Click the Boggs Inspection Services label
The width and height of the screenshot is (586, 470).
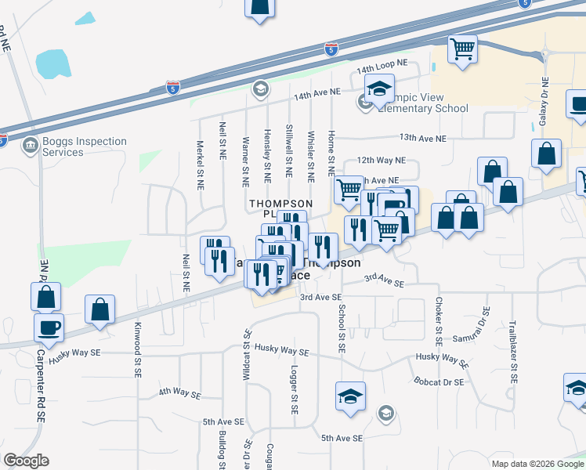85,147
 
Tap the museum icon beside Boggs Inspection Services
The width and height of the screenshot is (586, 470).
30,145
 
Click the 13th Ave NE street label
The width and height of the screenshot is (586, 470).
422,138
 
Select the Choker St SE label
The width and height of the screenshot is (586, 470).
439,324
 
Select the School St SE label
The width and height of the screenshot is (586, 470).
342,327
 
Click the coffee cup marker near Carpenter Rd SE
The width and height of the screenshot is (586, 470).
49,327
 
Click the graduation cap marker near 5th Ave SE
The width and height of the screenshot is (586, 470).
350,396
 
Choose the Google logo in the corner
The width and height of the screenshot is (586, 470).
26,461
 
